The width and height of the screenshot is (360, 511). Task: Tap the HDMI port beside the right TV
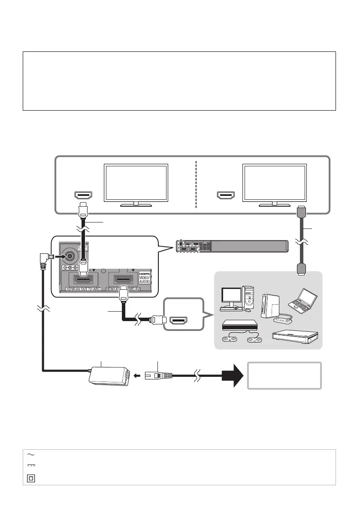(225, 196)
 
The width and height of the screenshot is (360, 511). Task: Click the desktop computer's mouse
(248, 310)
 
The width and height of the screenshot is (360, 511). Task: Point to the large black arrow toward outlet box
(231, 375)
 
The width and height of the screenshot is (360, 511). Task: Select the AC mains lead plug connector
(159, 375)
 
